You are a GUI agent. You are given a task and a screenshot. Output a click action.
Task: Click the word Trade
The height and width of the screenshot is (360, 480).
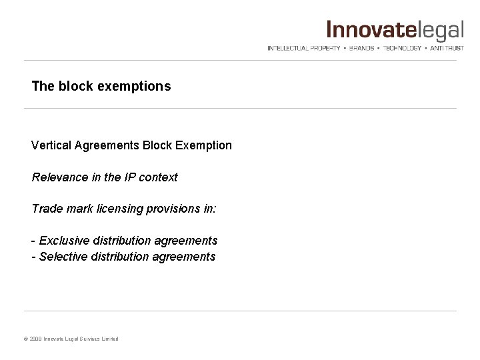tap(45, 209)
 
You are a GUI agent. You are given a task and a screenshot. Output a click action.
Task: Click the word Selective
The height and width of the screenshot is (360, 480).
tap(61, 256)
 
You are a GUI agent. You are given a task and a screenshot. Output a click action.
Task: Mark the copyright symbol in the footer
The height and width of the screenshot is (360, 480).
tap(26, 339)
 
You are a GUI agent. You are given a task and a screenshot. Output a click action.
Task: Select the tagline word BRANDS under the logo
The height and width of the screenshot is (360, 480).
tap(361, 48)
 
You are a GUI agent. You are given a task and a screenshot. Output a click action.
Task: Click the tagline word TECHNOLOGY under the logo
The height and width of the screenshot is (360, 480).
tap(403, 48)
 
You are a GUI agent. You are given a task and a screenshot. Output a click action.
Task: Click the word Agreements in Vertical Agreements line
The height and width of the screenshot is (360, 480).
tap(107, 145)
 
